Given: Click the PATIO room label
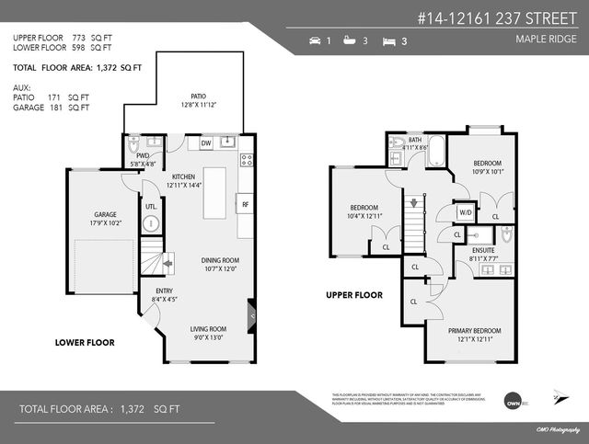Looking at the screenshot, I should click(x=198, y=96).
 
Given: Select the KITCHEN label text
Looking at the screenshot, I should click(x=184, y=176).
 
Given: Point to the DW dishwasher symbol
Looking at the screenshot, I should click(x=206, y=143).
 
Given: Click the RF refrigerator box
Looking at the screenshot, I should click(x=245, y=204).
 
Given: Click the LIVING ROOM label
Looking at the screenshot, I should click(x=208, y=329).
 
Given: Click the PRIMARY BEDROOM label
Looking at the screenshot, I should click(x=474, y=331).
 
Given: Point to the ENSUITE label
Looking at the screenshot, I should click(x=482, y=249).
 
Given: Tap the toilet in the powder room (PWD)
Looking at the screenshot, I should click(x=134, y=144).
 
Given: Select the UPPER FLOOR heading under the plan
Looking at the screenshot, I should click(x=354, y=296).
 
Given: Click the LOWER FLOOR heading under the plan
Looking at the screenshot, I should click(x=85, y=342).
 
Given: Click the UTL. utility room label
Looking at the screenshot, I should click(x=152, y=207).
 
